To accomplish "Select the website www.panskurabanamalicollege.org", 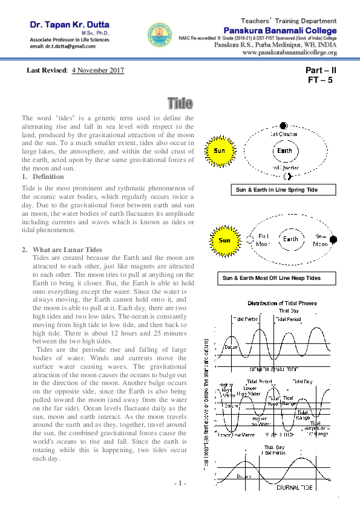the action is tap(289, 53).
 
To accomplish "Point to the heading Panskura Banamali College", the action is tap(281, 30).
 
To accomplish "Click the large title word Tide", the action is tap(180, 102).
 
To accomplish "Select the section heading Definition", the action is tap(48, 177).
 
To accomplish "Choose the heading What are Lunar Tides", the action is tap(68, 250).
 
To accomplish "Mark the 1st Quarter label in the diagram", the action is tap(283, 133).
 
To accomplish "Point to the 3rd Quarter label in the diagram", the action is tap(283, 167).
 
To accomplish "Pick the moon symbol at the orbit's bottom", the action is tap(288, 176).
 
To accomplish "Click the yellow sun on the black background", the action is tap(224, 240).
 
